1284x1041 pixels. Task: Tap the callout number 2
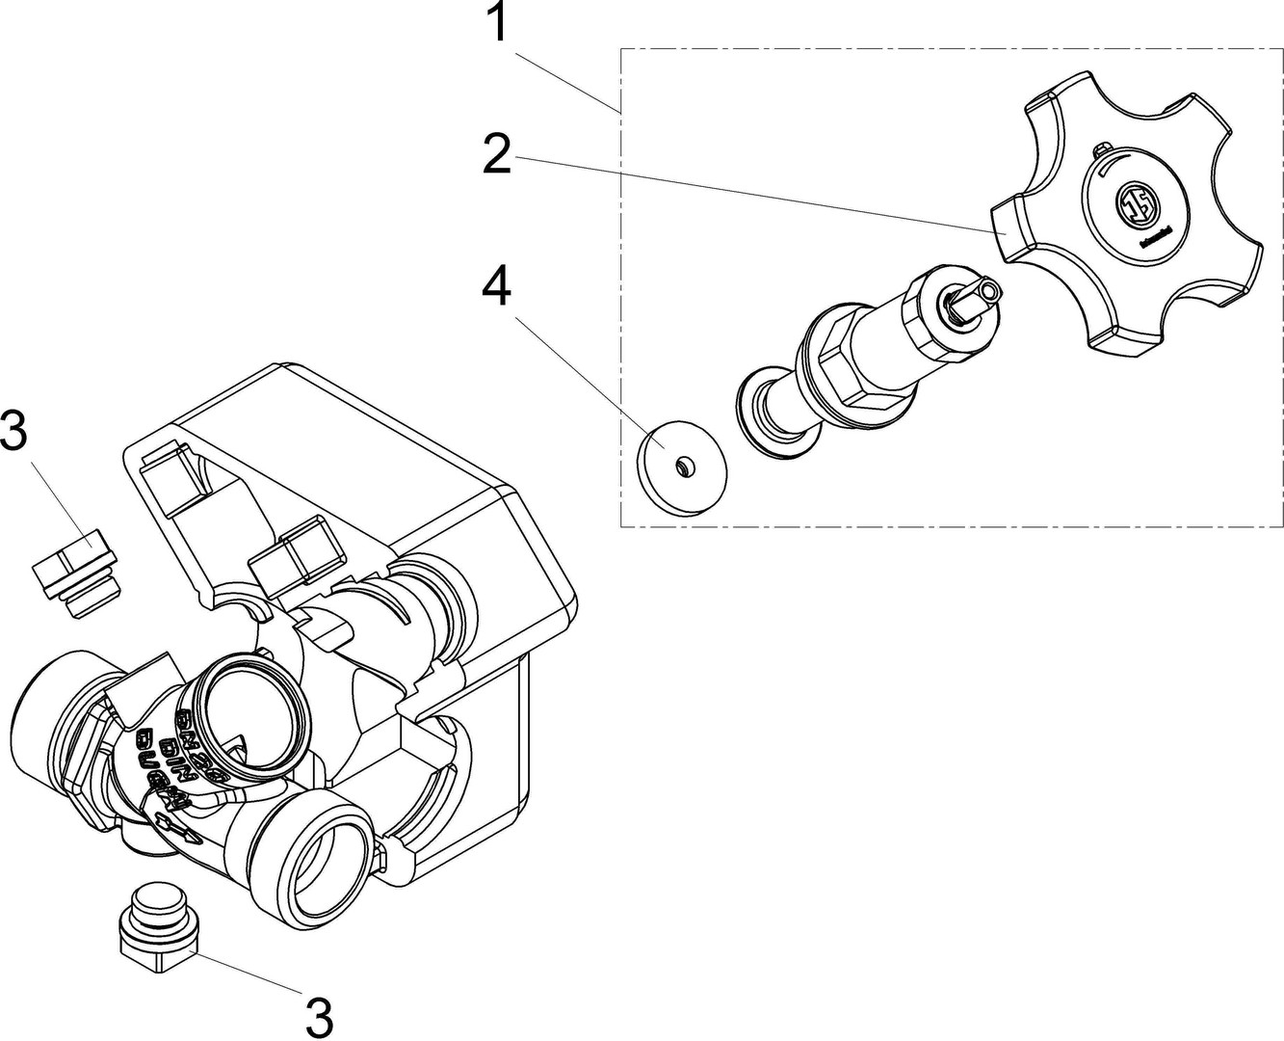point(496,154)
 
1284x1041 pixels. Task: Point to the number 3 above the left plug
point(14,432)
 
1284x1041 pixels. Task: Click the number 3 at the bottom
point(318,1014)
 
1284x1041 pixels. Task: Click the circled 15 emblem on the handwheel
point(1132,204)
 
